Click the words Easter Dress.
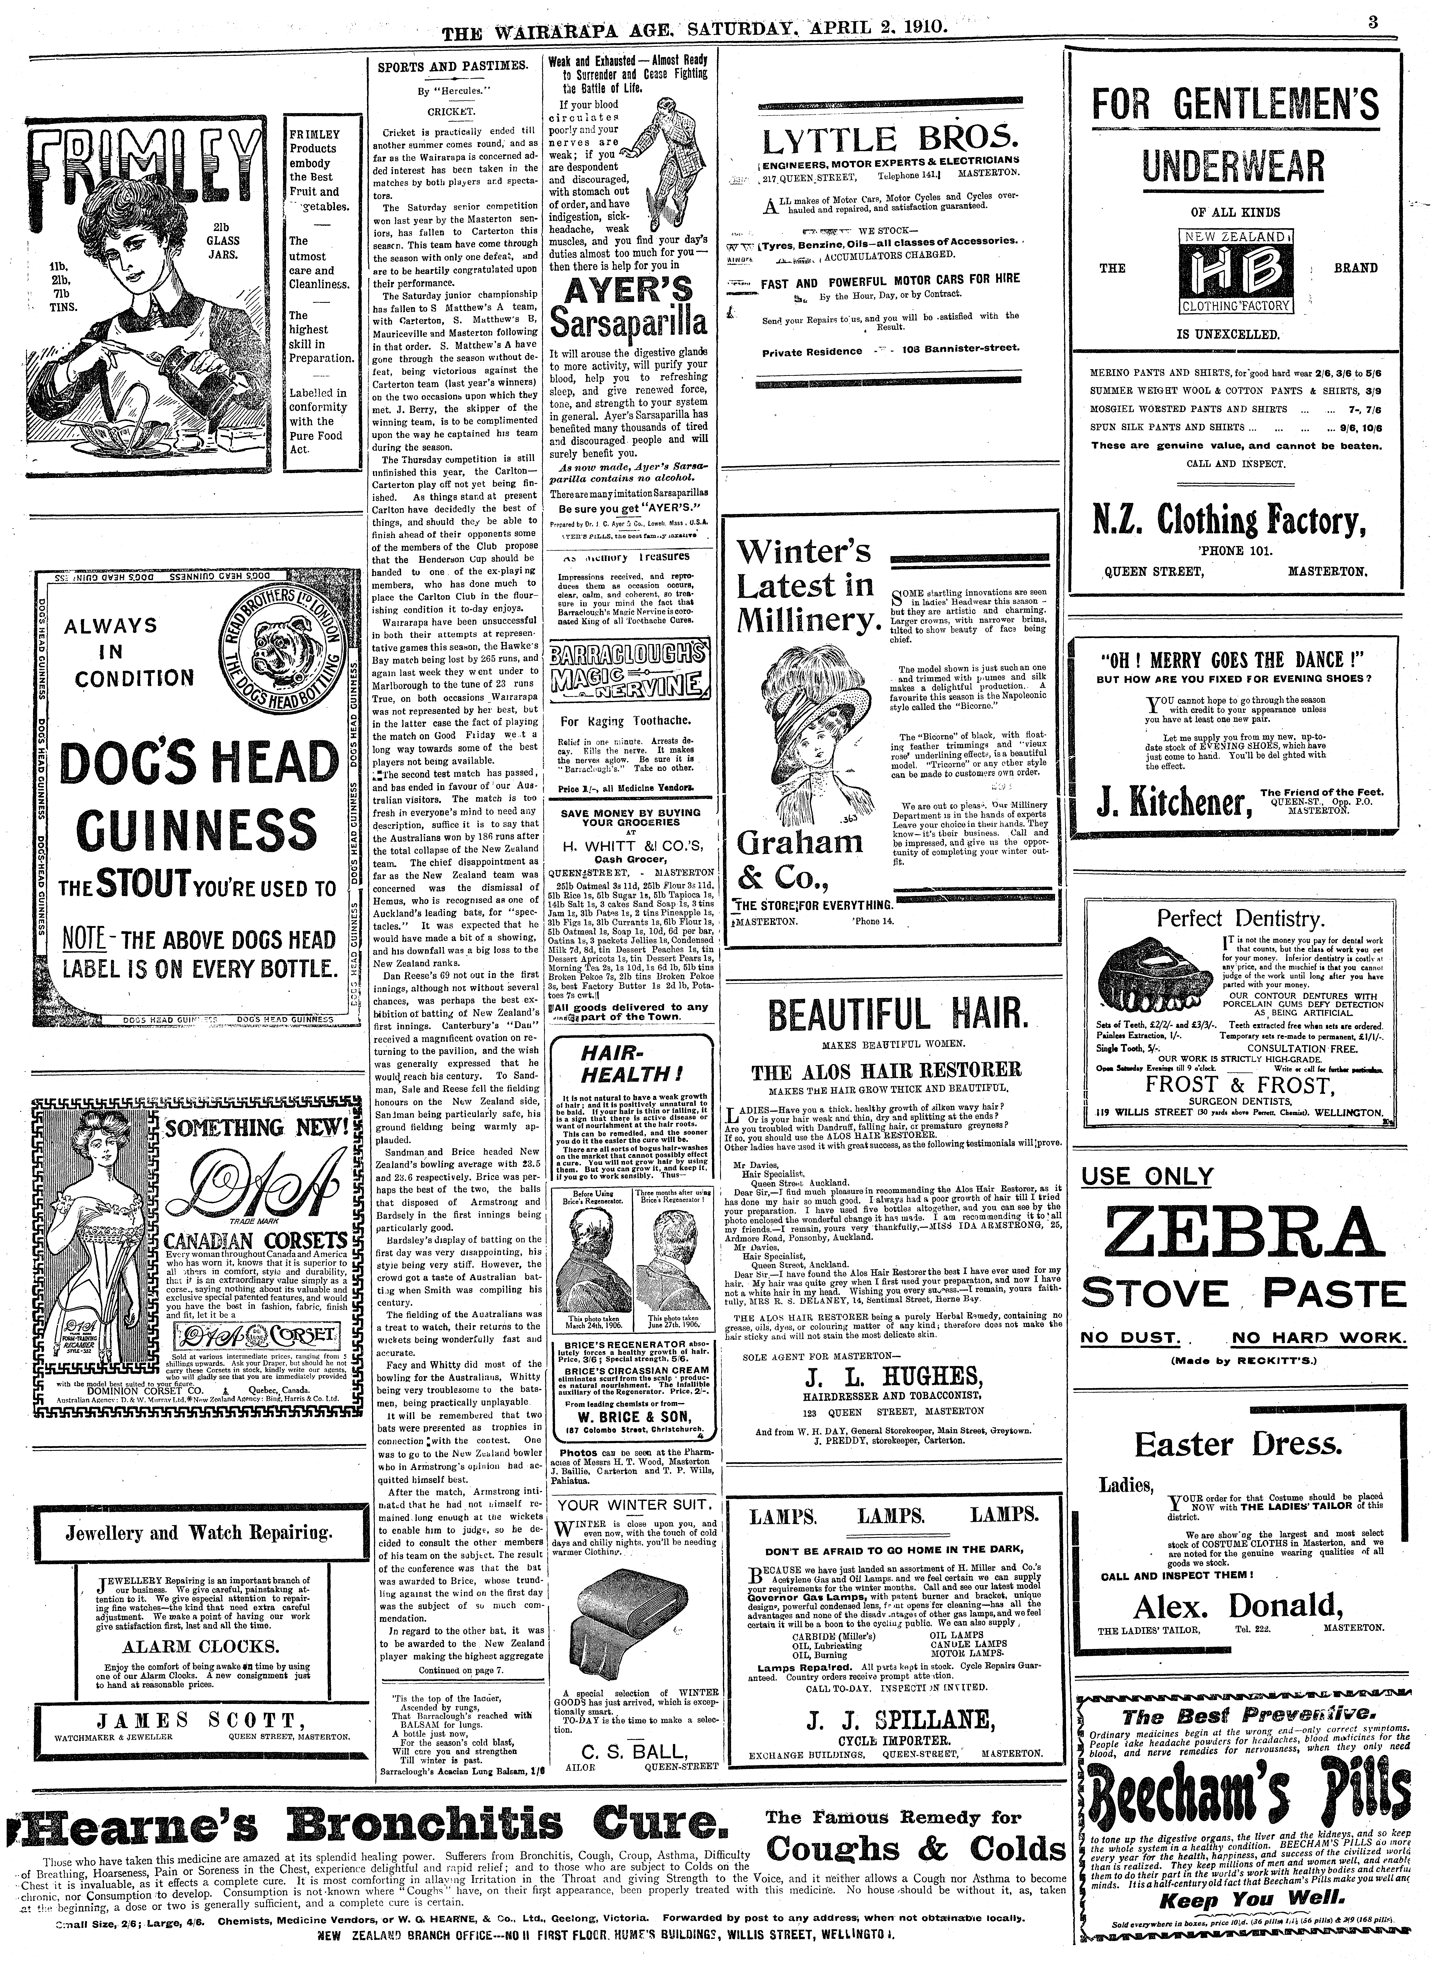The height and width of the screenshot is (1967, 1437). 1238,1445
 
